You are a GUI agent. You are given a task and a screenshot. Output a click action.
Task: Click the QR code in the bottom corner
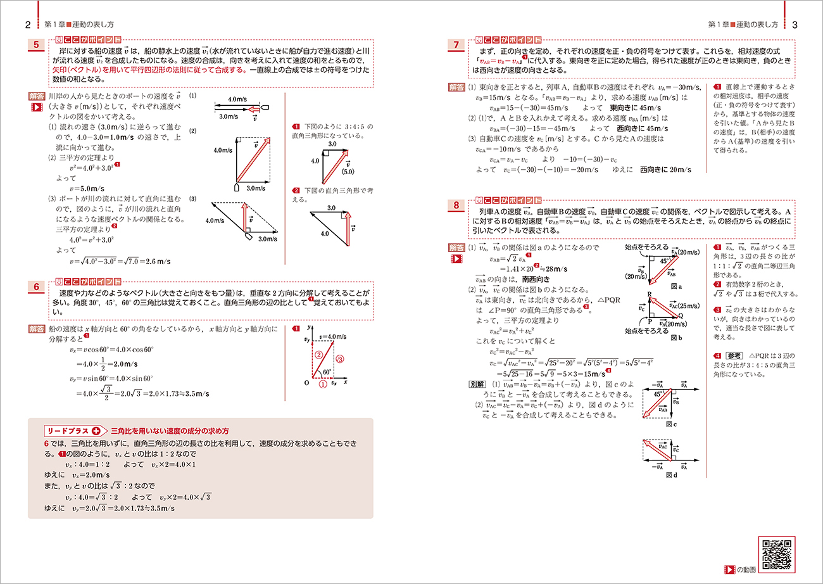coord(776,555)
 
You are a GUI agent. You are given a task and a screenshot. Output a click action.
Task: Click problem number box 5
coord(37,46)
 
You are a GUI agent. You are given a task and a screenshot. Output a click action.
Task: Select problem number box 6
coord(37,288)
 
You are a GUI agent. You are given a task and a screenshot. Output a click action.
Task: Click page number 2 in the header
coord(28,25)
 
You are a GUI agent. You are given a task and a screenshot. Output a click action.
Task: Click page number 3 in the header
coord(795,25)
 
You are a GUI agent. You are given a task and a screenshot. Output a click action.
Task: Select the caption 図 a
coord(675,286)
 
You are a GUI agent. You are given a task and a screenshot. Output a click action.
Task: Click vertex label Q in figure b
coord(680,315)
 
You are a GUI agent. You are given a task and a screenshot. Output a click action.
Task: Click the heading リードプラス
coord(68,430)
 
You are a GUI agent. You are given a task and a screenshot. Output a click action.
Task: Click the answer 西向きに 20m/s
coord(665,170)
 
